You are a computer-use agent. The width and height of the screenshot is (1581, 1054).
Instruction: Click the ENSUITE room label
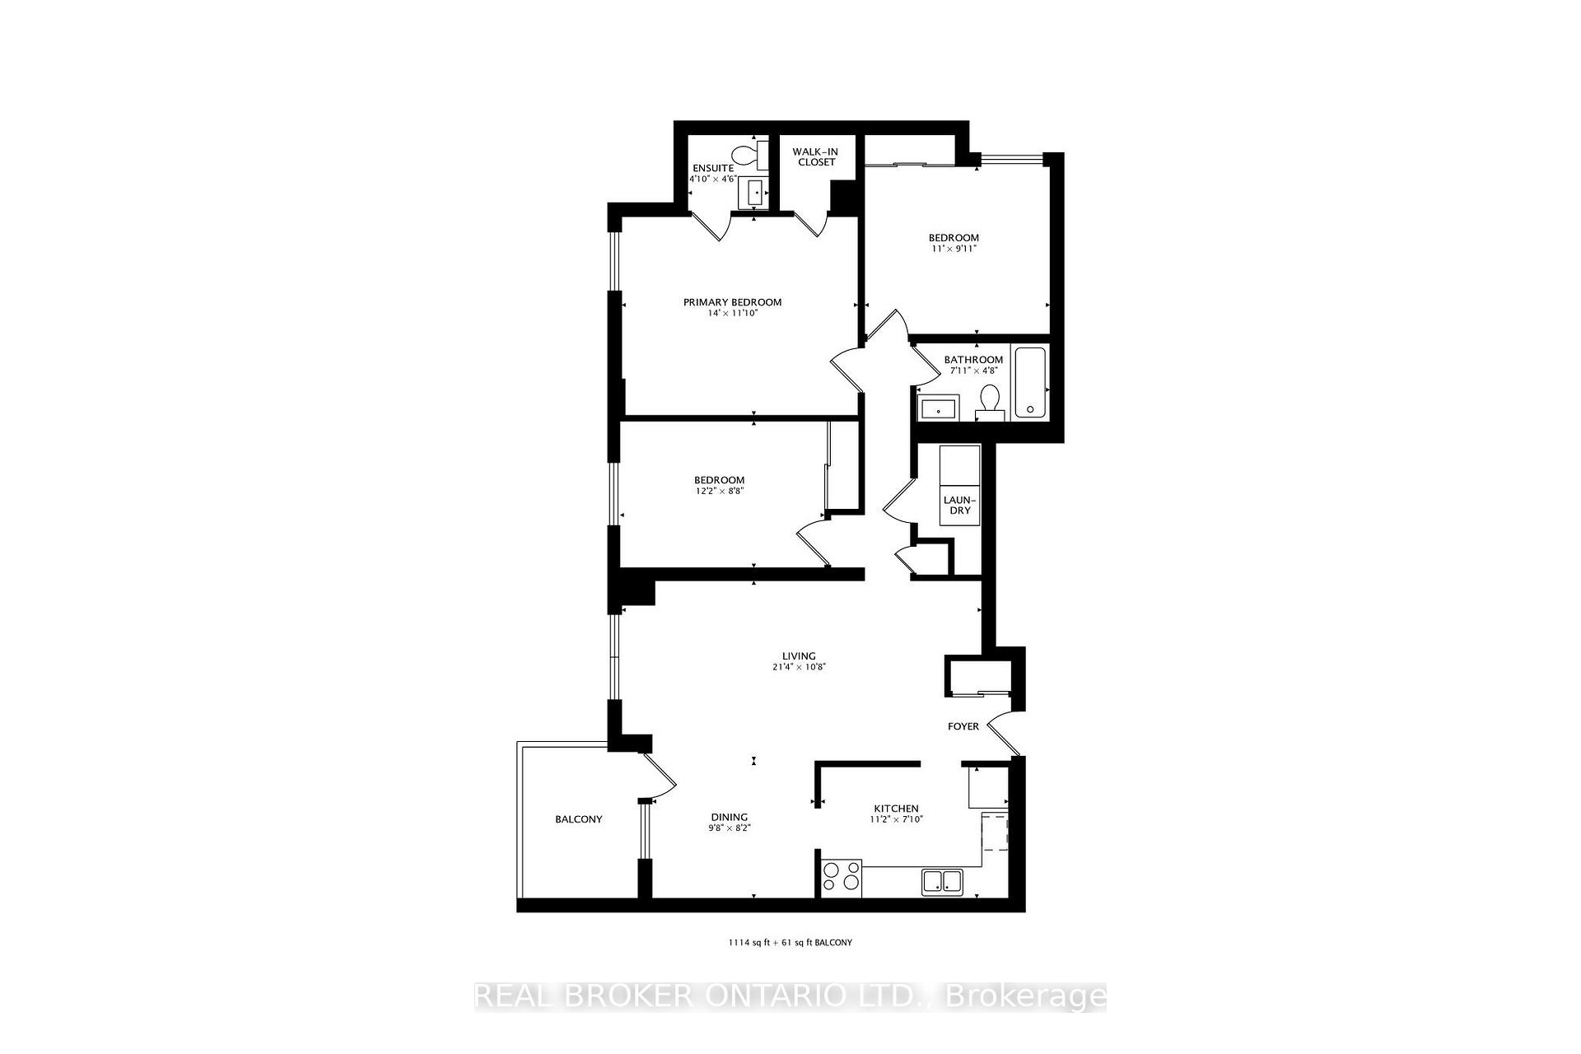coord(712,168)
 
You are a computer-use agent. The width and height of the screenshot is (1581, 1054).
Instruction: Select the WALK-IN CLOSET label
coord(815,156)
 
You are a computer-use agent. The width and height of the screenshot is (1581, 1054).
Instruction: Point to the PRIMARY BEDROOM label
coord(732,302)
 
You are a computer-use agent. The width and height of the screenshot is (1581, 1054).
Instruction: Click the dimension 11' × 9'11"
coord(954,249)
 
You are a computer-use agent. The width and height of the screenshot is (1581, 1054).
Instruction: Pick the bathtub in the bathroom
coord(1029,382)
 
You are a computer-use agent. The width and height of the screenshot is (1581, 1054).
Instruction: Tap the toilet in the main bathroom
coord(988,402)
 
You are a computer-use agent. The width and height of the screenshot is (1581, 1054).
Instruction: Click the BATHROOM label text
coord(973,360)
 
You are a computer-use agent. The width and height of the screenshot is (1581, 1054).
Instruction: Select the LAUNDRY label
coord(959,505)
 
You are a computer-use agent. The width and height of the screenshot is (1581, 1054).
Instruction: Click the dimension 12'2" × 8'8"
coord(719,492)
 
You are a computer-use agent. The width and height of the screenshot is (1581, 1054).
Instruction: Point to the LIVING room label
coord(798,656)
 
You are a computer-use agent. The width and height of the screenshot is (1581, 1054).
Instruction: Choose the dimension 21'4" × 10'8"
coord(798,668)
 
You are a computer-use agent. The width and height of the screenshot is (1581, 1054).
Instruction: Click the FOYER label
coord(963,726)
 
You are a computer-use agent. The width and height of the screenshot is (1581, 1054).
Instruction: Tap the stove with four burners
coord(841,878)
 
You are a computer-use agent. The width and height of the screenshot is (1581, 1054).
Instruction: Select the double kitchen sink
coord(943,881)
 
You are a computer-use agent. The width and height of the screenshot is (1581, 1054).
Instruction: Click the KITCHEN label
coord(896,809)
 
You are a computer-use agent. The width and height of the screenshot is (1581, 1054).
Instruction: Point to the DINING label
coord(730,817)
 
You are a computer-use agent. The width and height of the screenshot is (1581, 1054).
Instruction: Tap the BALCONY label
coord(578,819)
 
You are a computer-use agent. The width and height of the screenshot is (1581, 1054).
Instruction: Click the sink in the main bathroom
coord(938,408)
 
